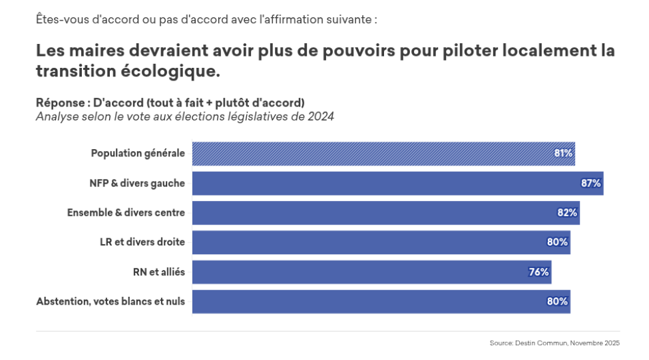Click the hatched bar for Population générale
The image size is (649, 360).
[x=383, y=154]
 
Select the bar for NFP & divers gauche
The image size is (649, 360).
[x=397, y=183]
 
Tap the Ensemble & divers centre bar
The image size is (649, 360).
[x=385, y=213]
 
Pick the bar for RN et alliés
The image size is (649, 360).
[x=371, y=271]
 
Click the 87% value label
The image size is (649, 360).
[x=591, y=183]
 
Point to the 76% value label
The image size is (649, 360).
[x=539, y=271]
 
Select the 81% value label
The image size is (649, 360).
[x=563, y=154]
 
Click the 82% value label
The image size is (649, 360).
[x=567, y=213]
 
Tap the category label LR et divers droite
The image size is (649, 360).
[x=138, y=242]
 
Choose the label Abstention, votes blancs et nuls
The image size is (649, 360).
[x=110, y=301]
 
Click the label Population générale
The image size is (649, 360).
[x=138, y=154]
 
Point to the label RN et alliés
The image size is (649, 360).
[x=159, y=271]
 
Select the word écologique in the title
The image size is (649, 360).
[x=163, y=71]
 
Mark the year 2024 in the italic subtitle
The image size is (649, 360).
[x=320, y=117]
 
